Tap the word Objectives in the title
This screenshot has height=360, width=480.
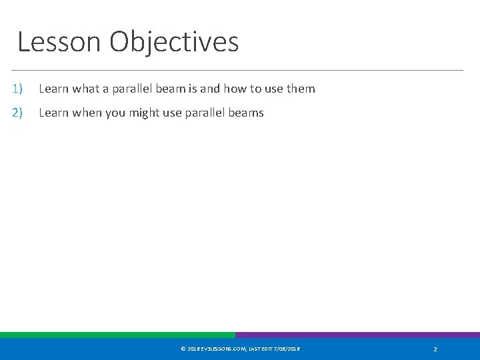174,42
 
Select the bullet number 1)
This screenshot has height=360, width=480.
17,89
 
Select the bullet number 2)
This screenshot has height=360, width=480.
17,113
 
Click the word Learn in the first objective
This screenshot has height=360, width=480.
53,89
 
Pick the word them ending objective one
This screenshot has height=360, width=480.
301,89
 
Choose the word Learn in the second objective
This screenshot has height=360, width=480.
53,113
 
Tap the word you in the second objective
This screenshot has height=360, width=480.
116,113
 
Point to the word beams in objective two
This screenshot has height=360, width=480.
247,113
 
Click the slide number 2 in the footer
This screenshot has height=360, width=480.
435,349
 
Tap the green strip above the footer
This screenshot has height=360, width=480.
117,335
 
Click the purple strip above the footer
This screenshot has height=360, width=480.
357,335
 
